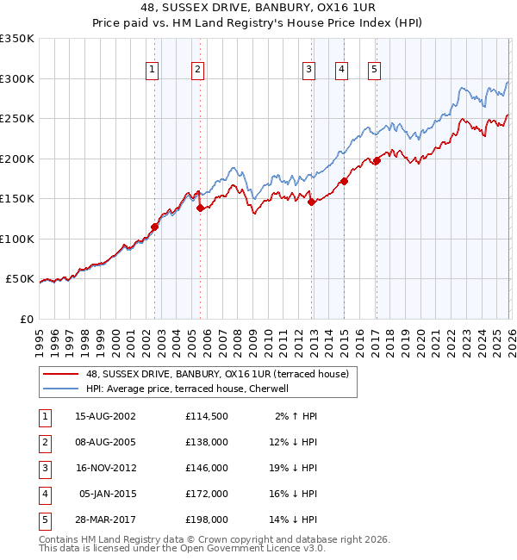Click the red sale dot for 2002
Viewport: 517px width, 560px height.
coord(155,227)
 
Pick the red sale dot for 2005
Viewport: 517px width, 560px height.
coord(200,208)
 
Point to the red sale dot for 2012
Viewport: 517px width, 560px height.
coord(311,202)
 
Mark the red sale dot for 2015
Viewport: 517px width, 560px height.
coord(344,181)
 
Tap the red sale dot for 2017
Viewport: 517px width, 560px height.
coord(377,160)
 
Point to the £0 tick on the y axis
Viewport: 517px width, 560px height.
coord(28,320)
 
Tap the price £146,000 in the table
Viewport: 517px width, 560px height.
coord(206,468)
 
